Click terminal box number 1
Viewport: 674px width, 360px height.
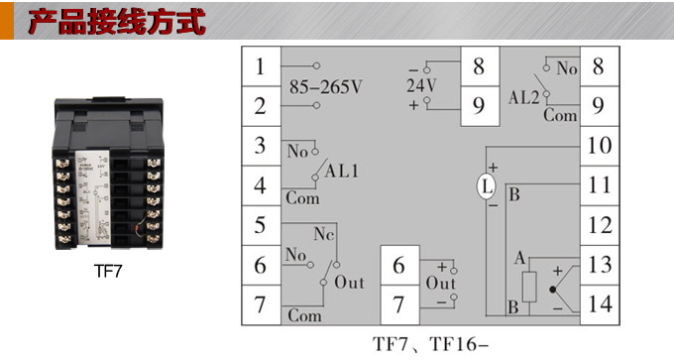tap(261, 67)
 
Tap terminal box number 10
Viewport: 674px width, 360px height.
tap(597, 146)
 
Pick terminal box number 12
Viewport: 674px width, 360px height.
tap(597, 224)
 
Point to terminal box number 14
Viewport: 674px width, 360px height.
tap(597, 302)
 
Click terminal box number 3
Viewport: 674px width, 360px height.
tap(261, 146)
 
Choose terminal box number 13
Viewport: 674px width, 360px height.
tap(597, 264)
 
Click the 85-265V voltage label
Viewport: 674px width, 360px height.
tap(325, 86)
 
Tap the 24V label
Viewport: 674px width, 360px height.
tap(420, 85)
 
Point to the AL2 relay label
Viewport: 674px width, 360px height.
tap(523, 98)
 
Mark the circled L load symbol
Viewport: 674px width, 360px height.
tap(486, 185)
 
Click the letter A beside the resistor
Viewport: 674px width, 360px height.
tap(518, 258)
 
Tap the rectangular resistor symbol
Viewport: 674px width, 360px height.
tap(530, 286)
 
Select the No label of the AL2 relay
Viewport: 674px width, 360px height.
tap(566, 68)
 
